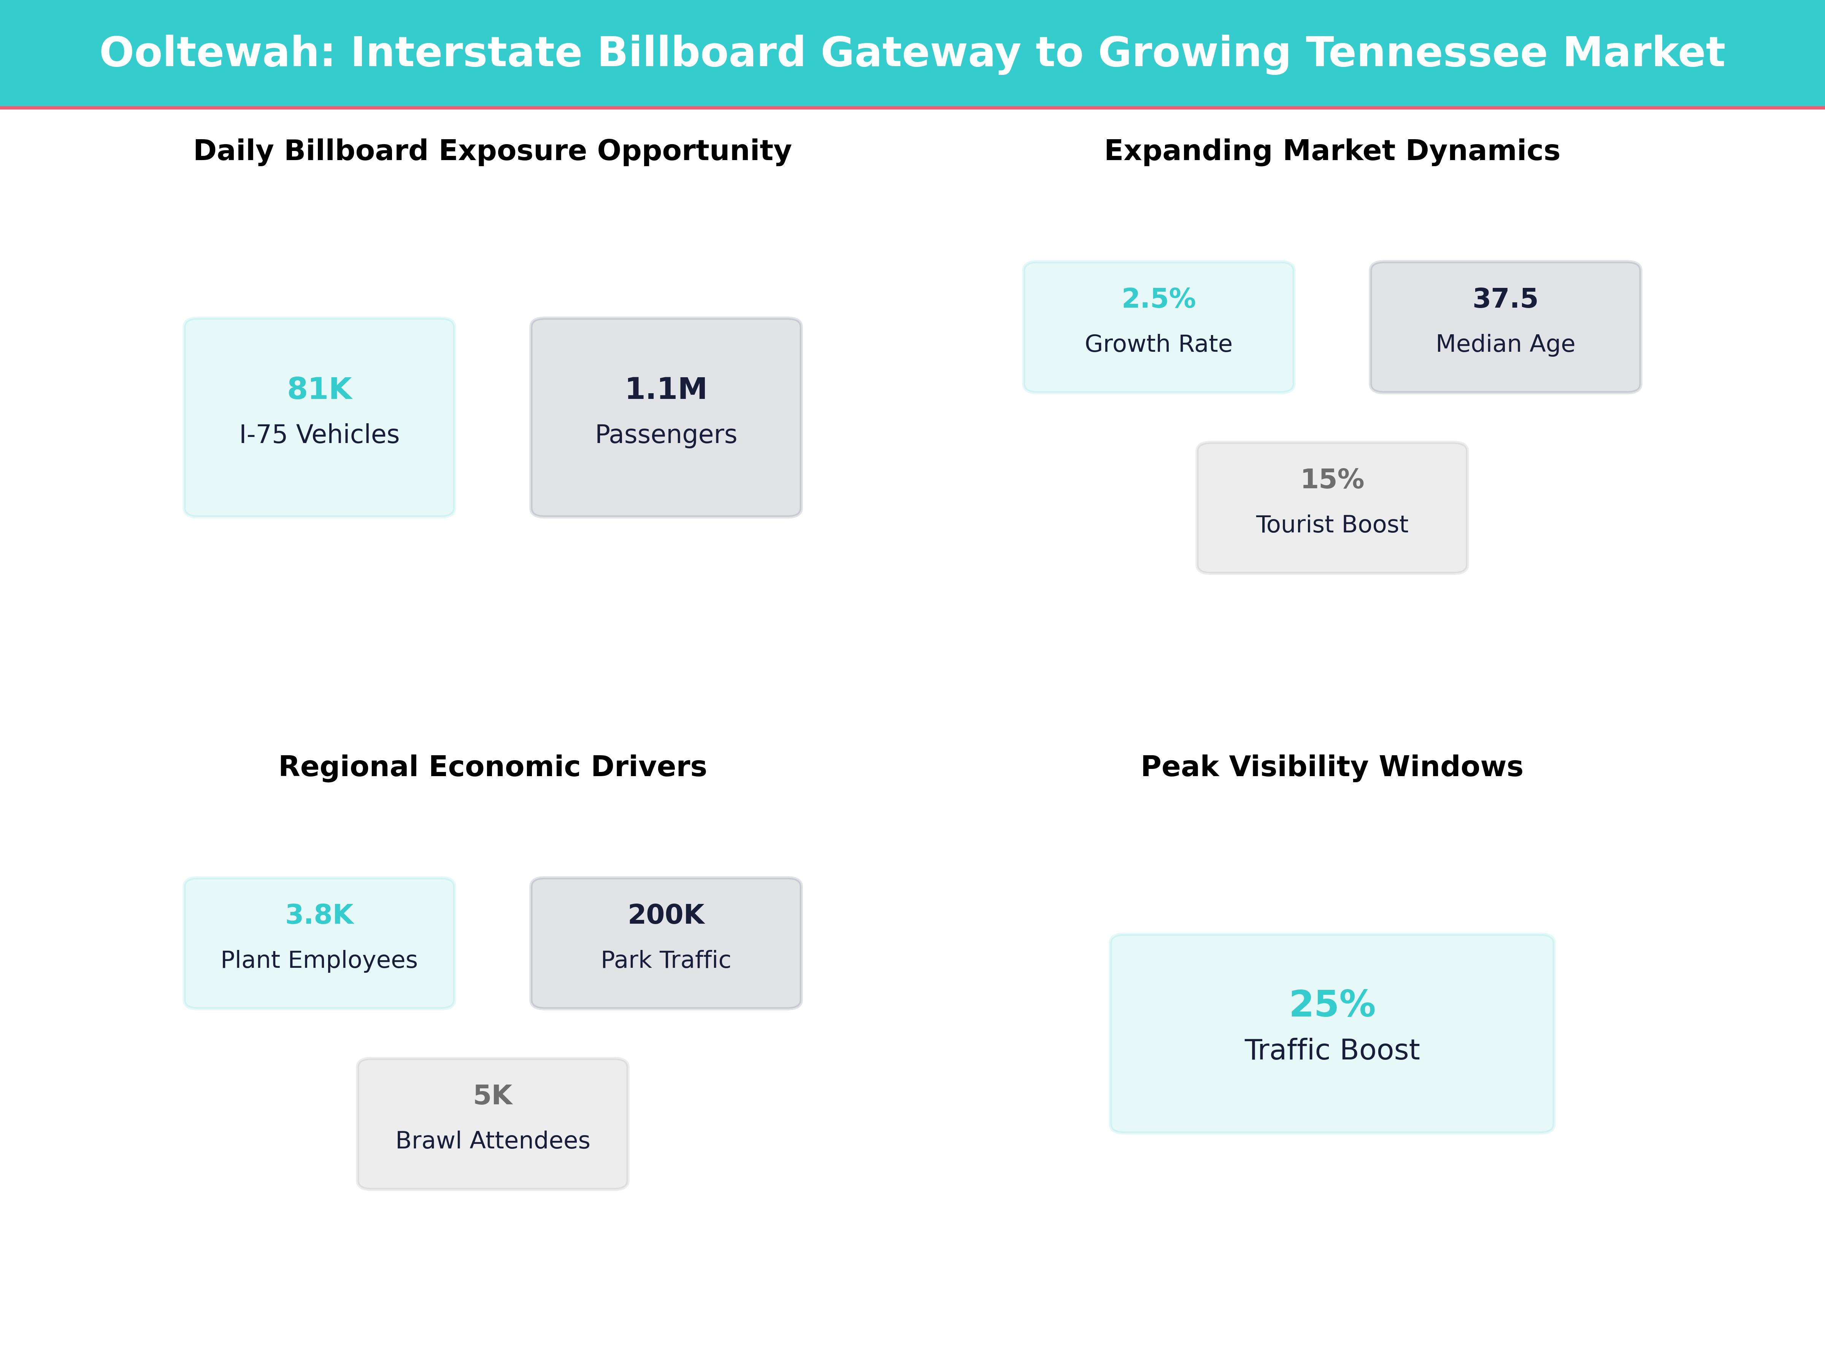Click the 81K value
coord(319,389)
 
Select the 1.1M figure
coord(666,389)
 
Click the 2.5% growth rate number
coord(1158,299)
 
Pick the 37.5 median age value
coord(1505,299)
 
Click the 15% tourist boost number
coord(1331,480)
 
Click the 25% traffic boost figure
coord(1331,1004)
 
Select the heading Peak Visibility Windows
coord(1331,767)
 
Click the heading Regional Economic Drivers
coord(492,767)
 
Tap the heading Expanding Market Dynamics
coord(1331,151)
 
